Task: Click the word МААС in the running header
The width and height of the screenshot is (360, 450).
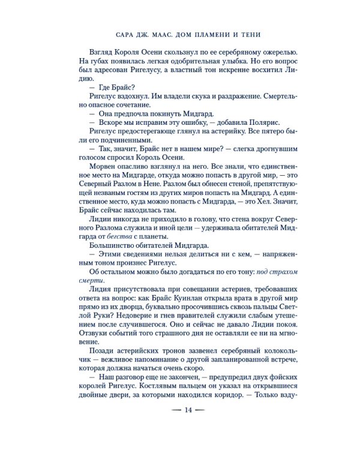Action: point(162,34)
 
